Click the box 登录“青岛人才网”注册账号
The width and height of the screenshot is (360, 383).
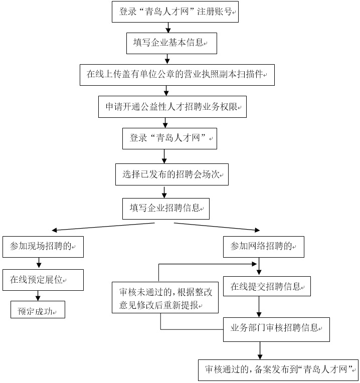tap(175, 12)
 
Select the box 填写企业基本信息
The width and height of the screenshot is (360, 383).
tap(171, 43)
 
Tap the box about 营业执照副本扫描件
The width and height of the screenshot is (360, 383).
tap(177, 75)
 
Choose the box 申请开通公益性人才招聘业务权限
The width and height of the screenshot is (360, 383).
tap(172, 106)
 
